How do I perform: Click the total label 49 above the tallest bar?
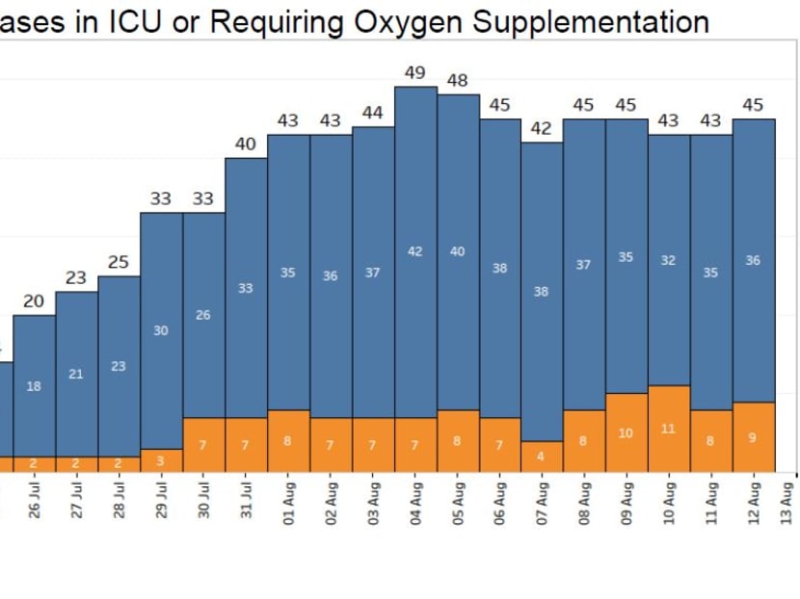point(415,72)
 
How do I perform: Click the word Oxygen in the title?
point(379,22)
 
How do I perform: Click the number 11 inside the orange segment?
point(668,429)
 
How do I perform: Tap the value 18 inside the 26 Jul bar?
point(34,386)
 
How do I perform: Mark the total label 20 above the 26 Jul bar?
point(34,301)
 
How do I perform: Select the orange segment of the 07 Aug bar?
point(542,456)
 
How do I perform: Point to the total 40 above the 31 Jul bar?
point(246,144)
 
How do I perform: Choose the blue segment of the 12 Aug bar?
point(754,260)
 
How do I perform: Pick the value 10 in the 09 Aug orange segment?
point(626,433)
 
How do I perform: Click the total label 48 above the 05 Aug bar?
point(458,81)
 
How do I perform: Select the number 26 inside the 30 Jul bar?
point(203,315)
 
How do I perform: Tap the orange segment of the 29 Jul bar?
point(161,460)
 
